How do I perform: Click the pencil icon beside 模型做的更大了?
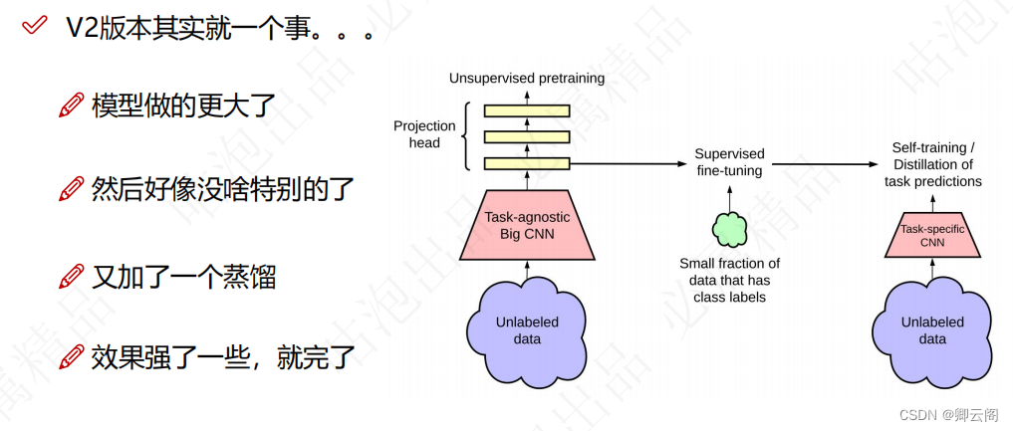pyautogui.click(x=71, y=106)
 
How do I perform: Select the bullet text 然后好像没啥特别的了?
pyautogui.click(x=221, y=188)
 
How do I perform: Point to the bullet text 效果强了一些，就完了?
pyautogui.click(x=222, y=356)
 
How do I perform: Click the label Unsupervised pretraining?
pyautogui.click(x=527, y=78)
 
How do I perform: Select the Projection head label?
pyautogui.click(x=424, y=133)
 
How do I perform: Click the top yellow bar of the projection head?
pyautogui.click(x=527, y=110)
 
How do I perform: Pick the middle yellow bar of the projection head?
pyautogui.click(x=527, y=136)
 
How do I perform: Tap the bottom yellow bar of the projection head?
pyautogui.click(x=527, y=162)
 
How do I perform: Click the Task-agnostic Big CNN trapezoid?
pyautogui.click(x=527, y=225)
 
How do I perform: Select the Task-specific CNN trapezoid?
pyautogui.click(x=932, y=235)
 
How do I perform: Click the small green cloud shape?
pyautogui.click(x=729, y=229)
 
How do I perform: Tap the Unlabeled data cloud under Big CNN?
pyautogui.click(x=527, y=329)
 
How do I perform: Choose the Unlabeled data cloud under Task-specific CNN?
pyautogui.click(x=932, y=329)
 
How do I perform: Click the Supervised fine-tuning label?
pyautogui.click(x=729, y=162)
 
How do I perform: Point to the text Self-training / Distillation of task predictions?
pyautogui.click(x=932, y=164)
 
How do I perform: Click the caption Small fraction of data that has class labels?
pyautogui.click(x=729, y=280)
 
